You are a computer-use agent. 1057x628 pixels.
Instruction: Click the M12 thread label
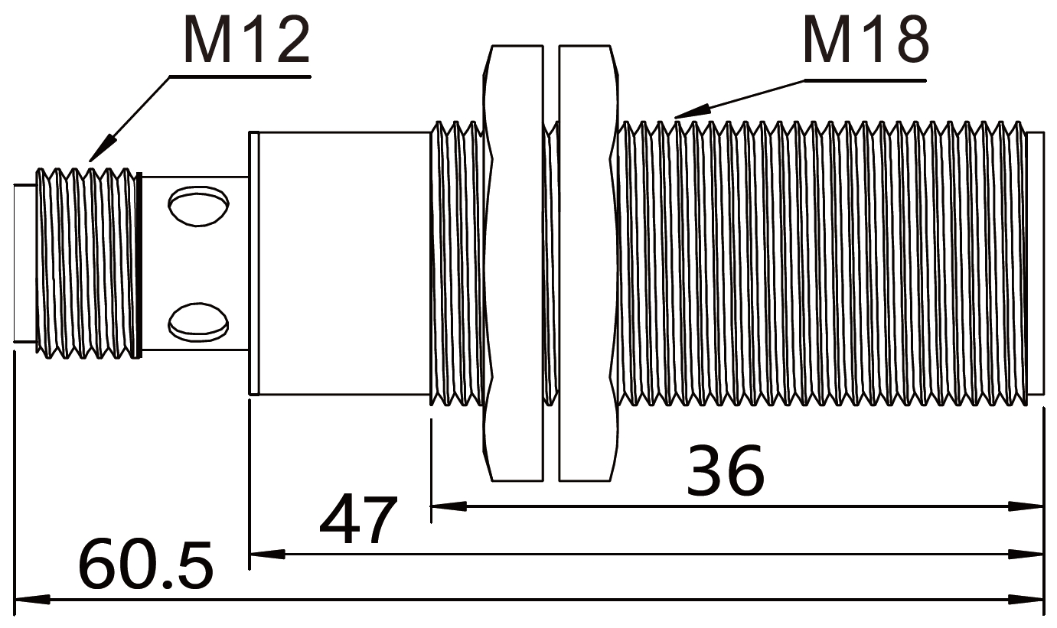pyautogui.click(x=246, y=40)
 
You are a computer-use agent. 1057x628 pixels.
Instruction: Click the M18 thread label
pyautogui.click(x=866, y=40)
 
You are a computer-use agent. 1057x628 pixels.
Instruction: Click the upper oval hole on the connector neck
pyautogui.click(x=198, y=206)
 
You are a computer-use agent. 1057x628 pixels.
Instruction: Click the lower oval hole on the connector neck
pyautogui.click(x=198, y=321)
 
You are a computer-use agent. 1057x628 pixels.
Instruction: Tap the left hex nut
pyautogui.click(x=515, y=262)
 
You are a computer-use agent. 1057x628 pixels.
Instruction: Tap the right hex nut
pyautogui.click(x=586, y=262)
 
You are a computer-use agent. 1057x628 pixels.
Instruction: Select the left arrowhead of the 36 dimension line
pyautogui.click(x=448, y=506)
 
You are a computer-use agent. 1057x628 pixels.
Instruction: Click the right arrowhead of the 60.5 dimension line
pyautogui.click(x=1027, y=599)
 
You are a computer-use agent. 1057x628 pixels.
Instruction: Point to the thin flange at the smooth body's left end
pyautogui.click(x=254, y=262)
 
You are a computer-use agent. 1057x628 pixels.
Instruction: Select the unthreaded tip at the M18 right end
pyautogui.click(x=1036, y=262)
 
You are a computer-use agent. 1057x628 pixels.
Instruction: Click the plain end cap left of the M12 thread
pyautogui.click(x=24, y=262)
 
